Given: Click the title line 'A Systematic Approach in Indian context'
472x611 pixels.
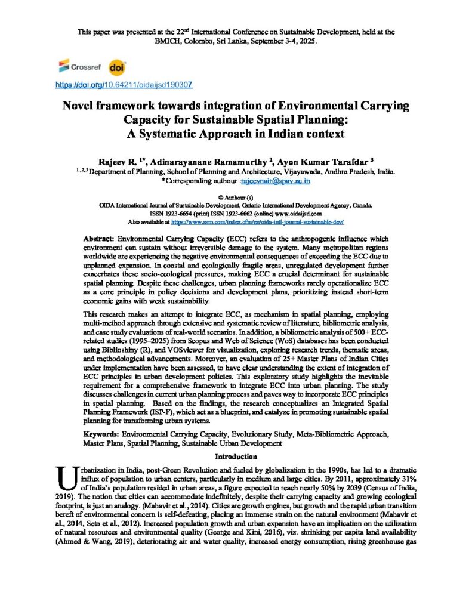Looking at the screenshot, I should (236, 134).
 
